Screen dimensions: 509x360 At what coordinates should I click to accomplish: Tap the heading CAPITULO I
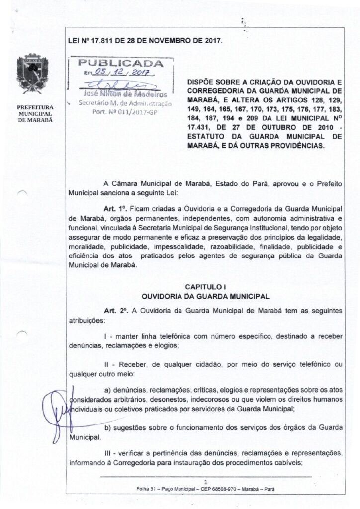[205, 287]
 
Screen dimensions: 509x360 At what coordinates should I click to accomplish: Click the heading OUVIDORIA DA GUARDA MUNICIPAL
[205, 296]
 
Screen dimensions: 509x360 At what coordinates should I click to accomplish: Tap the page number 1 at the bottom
[205, 481]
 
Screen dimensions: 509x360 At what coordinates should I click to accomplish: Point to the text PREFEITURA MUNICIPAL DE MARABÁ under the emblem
[31, 113]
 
